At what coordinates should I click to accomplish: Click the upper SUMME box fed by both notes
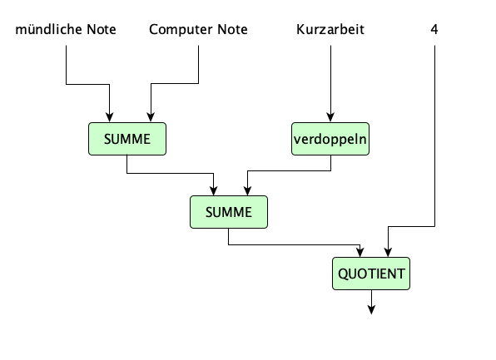[127, 139]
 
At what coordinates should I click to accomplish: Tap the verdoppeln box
[330, 139]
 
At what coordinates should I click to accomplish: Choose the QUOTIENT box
[371, 273]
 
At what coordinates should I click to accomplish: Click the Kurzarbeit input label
[330, 31]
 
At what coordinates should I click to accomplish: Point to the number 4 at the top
[434, 31]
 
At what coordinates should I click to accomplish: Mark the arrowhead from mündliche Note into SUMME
[109, 118]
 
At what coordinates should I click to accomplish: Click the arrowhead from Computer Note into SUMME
[150, 118]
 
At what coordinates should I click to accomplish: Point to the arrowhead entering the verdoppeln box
[330, 118]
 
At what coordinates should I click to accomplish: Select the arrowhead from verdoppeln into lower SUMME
[247, 190]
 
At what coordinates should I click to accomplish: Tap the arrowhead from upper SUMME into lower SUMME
[214, 190]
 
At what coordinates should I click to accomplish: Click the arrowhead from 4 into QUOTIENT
[387, 252]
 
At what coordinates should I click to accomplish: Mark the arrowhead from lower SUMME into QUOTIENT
[360, 252]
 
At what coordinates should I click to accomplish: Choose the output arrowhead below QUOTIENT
[371, 310]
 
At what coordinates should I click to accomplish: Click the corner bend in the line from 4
[434, 226]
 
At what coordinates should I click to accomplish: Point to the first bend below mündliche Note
[66, 83]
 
